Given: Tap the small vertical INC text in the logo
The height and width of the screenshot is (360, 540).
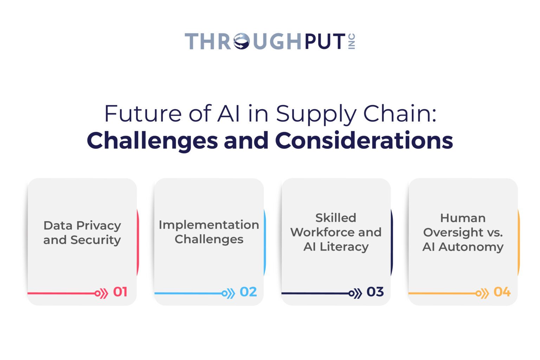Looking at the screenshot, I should (x=352, y=41).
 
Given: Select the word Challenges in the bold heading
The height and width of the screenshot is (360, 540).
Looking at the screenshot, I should (x=152, y=140).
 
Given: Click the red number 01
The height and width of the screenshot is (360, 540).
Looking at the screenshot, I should (x=120, y=292).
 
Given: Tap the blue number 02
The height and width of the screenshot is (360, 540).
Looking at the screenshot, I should (x=248, y=292).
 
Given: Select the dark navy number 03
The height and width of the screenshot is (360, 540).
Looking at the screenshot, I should (x=375, y=292).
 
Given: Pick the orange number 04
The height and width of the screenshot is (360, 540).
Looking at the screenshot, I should (x=502, y=292).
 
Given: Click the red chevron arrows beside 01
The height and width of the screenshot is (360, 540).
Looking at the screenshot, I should (x=103, y=294).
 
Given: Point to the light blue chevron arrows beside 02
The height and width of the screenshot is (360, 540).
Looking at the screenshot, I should (x=230, y=294).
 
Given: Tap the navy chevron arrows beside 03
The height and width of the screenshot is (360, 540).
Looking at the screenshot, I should (x=357, y=294).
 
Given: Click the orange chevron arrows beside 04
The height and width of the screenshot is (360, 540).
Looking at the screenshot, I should (x=484, y=294).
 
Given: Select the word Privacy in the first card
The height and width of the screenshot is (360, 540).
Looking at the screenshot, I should (x=98, y=226).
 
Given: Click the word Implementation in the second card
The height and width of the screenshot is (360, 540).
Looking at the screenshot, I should (x=209, y=225).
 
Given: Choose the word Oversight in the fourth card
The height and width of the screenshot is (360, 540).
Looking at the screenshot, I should (x=453, y=232).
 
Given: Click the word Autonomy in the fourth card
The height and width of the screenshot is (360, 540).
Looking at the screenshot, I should (x=471, y=247).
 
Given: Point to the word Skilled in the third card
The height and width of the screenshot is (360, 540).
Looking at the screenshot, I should (x=336, y=218).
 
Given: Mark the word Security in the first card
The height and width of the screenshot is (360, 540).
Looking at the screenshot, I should (x=96, y=240).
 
